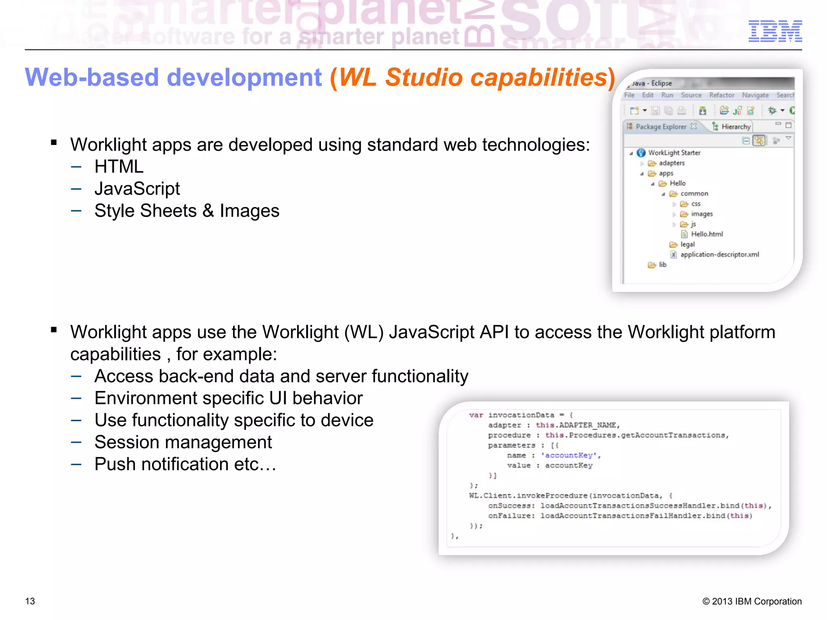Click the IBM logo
click(x=775, y=31)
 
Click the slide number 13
click(x=30, y=601)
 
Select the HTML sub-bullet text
click(x=119, y=167)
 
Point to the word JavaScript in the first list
click(x=137, y=189)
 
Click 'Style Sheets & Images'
click(x=187, y=211)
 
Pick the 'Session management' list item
click(x=183, y=442)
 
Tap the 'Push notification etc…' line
click(x=185, y=464)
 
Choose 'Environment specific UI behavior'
click(x=229, y=398)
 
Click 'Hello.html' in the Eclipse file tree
click(x=707, y=234)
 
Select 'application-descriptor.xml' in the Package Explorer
click(x=719, y=255)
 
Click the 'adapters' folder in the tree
click(x=672, y=163)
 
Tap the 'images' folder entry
click(x=702, y=214)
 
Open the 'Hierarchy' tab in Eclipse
click(x=736, y=127)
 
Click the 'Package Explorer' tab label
click(x=661, y=127)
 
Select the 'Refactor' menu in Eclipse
click(x=722, y=95)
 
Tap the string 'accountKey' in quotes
click(x=569, y=455)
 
